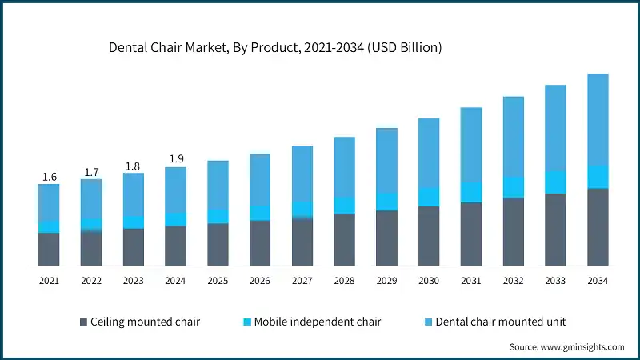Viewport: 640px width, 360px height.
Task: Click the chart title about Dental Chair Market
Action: (275, 48)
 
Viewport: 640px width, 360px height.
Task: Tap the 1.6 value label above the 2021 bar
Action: (49, 177)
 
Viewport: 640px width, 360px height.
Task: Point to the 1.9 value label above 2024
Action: (175, 158)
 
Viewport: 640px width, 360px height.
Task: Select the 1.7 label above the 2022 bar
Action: (91, 171)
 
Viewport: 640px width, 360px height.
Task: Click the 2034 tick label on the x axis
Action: (598, 281)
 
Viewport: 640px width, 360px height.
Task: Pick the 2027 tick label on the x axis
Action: (302, 281)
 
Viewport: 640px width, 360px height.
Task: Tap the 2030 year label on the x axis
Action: (429, 281)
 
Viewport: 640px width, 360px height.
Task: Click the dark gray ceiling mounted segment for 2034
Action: (598, 226)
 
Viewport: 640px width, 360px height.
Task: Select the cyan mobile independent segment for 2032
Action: (513, 187)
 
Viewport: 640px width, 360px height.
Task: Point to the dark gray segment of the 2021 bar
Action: (49, 249)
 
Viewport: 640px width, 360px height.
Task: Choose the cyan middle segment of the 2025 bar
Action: (218, 216)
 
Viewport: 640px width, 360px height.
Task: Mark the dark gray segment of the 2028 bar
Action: (344, 239)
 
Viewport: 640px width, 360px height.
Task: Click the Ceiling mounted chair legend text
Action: (146, 322)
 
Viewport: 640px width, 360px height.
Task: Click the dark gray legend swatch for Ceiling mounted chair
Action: (83, 322)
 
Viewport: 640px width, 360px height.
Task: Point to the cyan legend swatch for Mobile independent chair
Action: (247, 322)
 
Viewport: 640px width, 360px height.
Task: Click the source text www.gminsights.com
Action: (567, 346)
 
